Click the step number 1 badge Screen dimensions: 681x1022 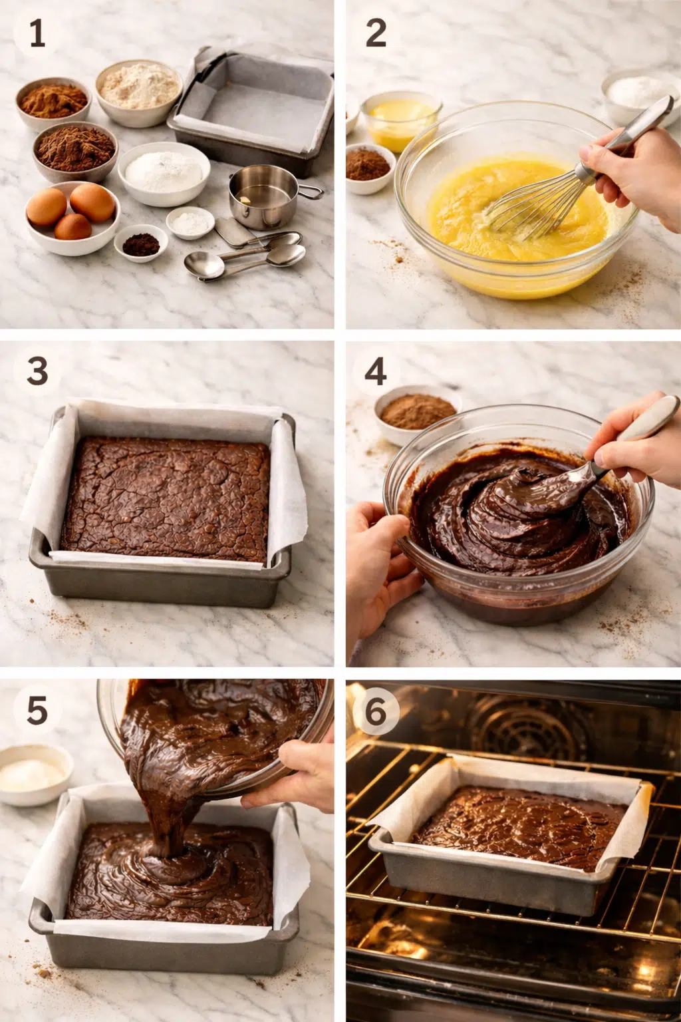(x=37, y=33)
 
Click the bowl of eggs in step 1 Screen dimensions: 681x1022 (x=72, y=217)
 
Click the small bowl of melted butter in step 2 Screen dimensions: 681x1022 (x=401, y=120)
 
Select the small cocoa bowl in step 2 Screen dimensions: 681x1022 (x=370, y=168)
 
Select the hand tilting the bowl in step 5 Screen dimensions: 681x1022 (x=297, y=776)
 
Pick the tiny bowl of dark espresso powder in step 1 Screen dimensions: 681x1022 (x=141, y=243)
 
